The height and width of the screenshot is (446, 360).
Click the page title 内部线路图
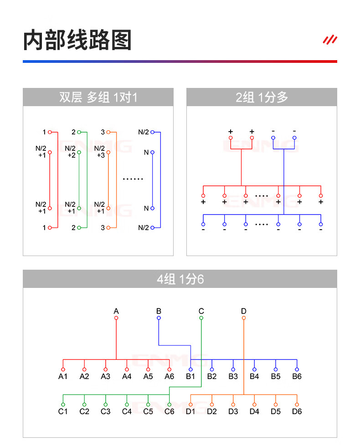pyautogui.click(x=77, y=40)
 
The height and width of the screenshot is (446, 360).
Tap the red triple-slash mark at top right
pyautogui.click(x=330, y=40)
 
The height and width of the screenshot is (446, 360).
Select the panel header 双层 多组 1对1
pyautogui.click(x=98, y=97)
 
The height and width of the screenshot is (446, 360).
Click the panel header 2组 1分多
pyautogui.click(x=262, y=97)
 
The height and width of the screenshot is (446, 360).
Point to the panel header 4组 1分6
pyautogui.click(x=180, y=279)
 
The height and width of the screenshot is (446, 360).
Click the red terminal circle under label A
pyautogui.click(x=116, y=318)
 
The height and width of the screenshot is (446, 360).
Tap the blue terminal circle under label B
pyautogui.click(x=159, y=318)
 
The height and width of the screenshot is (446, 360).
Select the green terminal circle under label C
pyautogui.click(x=201, y=318)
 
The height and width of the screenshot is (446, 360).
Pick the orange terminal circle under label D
pyautogui.click(x=244, y=318)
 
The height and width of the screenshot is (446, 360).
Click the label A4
pyautogui.click(x=127, y=377)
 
